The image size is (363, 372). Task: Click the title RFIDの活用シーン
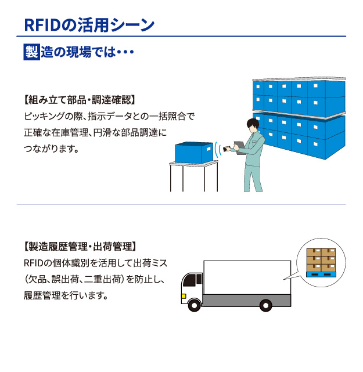coord(88,25)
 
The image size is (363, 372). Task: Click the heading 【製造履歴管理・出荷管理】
coord(80,246)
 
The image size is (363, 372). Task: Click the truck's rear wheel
coord(265,305)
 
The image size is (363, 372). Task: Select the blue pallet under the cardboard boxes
coord(321,273)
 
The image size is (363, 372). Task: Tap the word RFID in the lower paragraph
coord(34,263)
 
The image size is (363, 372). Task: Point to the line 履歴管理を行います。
coord(66,295)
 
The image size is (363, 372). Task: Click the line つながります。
coord(51,149)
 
